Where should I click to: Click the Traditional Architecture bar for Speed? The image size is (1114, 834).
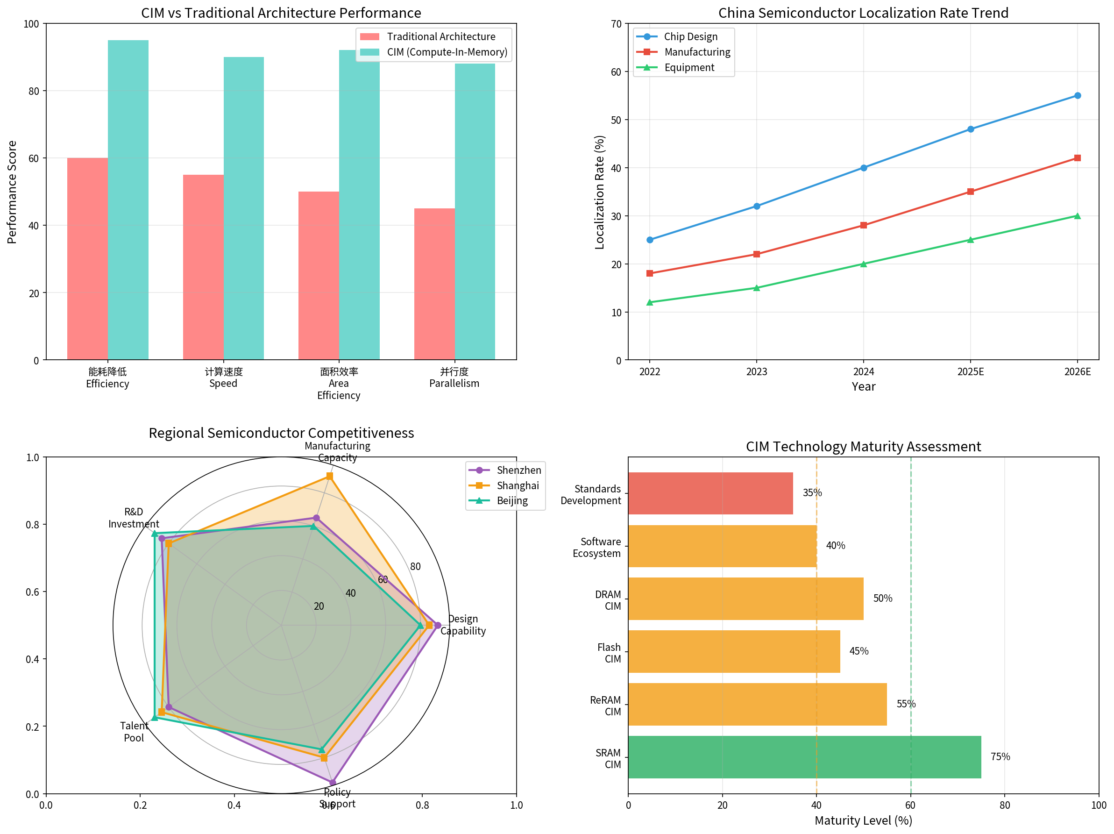coord(203,267)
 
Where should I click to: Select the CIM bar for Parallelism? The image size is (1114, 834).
coord(475,212)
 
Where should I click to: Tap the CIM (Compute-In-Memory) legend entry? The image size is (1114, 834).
coord(447,52)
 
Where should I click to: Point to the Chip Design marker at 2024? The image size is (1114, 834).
coord(863,168)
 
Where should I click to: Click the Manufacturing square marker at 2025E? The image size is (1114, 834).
coord(970,192)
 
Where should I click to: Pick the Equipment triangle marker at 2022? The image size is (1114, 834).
coord(650,302)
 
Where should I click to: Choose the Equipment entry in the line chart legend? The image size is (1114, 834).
coord(688,67)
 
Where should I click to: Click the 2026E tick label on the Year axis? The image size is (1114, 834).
coord(1077,371)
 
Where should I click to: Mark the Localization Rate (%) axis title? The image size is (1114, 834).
coord(599,192)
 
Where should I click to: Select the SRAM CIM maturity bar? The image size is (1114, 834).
coord(804,756)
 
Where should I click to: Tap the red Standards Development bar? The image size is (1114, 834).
coord(710,493)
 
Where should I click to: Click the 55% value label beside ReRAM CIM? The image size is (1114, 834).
coord(906,704)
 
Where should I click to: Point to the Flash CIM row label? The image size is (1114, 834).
coord(609,653)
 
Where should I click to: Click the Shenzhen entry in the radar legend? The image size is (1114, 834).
coord(518,470)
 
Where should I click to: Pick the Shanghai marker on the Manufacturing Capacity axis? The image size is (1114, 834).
coord(329,476)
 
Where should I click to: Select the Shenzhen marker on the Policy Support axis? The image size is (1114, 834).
coord(333,782)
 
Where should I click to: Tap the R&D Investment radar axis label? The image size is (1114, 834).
coord(134,518)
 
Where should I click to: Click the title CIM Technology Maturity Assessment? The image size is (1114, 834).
coord(863,447)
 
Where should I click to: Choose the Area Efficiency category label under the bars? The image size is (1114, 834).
coord(339,384)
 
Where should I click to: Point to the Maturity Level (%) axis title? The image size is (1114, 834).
coord(863,820)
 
